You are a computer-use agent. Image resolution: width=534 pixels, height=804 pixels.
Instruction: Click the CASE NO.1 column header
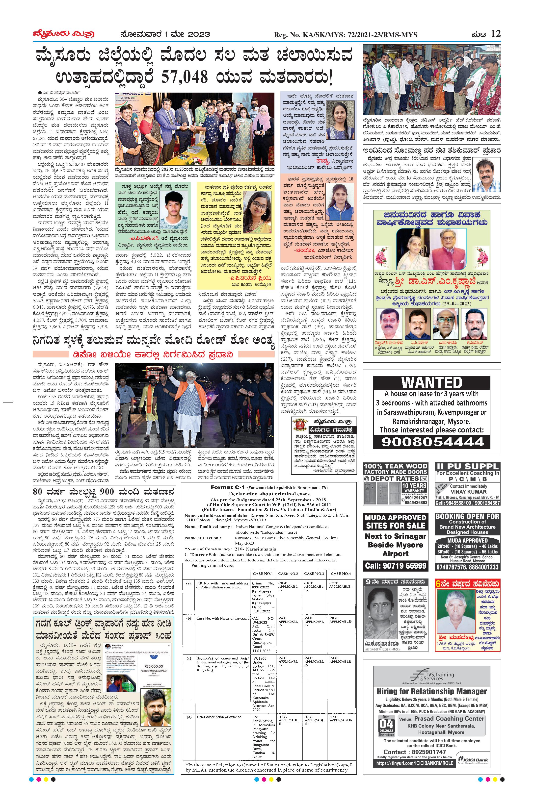click(x=263, y=574)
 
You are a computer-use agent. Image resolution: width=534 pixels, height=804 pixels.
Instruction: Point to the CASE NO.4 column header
click(x=341, y=574)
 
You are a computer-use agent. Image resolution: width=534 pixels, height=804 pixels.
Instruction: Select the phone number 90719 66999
click(x=395, y=565)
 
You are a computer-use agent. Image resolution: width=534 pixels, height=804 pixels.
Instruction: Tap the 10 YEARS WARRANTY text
click(x=414, y=487)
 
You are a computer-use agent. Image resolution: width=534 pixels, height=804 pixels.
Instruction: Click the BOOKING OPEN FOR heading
click(x=467, y=516)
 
